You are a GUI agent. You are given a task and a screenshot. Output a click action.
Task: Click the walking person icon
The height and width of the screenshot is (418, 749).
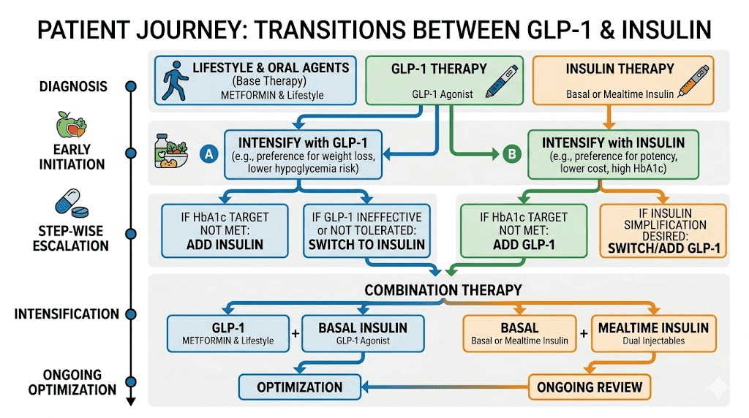point(173,78)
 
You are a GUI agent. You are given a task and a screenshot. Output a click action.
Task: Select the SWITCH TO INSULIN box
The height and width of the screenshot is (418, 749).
point(366,231)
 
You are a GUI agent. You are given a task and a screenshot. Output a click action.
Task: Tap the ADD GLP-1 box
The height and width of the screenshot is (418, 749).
point(523,231)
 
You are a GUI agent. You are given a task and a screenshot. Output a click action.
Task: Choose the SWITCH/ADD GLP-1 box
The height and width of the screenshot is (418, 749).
point(663,231)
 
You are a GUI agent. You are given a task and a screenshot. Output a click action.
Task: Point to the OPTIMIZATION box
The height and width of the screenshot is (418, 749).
point(300,387)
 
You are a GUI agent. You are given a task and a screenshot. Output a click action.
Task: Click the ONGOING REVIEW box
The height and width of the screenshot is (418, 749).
point(590,387)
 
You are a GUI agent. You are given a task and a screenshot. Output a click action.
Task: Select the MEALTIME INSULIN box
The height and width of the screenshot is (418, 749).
point(653,333)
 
